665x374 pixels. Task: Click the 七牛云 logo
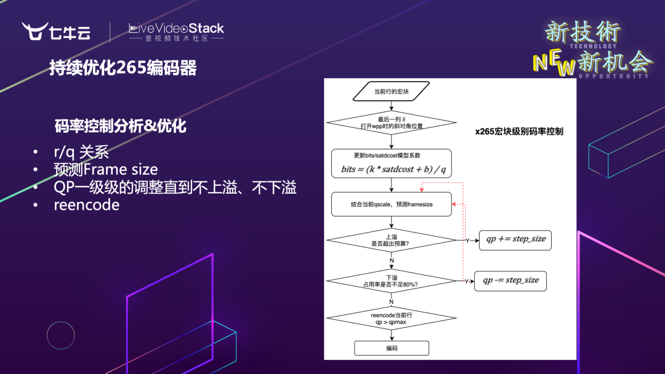click(x=57, y=31)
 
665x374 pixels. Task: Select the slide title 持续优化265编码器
click(x=123, y=68)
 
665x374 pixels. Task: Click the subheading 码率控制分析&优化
click(x=120, y=127)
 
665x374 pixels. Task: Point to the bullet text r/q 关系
click(x=81, y=153)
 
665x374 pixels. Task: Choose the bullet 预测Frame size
click(x=106, y=170)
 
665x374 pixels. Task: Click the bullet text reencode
click(x=87, y=205)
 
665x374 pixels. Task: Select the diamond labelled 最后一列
click(x=391, y=122)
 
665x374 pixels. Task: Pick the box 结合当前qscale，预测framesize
click(x=391, y=204)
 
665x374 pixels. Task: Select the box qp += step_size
click(x=515, y=239)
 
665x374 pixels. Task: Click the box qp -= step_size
click(x=510, y=280)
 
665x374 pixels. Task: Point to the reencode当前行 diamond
click(x=391, y=318)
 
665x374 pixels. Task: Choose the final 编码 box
click(x=391, y=348)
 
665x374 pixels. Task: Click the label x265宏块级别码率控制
click(x=519, y=131)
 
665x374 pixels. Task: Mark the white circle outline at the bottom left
click(x=60, y=335)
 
